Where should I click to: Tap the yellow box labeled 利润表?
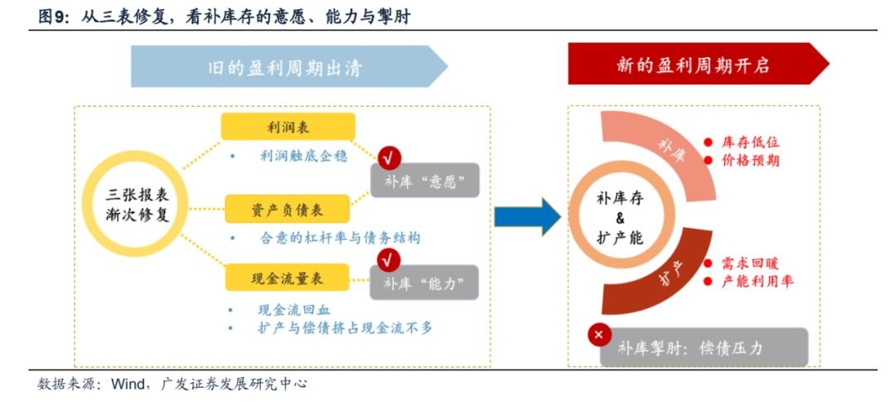288,127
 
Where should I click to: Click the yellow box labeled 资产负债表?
288,208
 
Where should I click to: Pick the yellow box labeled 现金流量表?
288,278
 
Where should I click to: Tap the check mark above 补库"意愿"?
389,156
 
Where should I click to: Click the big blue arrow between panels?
527,217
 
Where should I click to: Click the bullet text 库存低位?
751,143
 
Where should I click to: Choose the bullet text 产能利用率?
757,282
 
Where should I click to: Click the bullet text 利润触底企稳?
303,155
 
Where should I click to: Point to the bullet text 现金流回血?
293,310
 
